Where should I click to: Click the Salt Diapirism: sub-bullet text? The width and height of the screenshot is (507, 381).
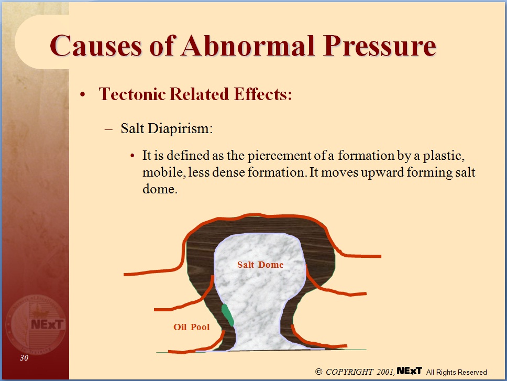click(x=167, y=129)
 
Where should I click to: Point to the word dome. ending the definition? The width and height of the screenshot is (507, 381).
click(x=158, y=189)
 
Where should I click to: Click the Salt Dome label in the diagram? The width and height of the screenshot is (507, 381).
click(x=260, y=265)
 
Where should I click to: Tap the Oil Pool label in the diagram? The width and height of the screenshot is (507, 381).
click(x=191, y=327)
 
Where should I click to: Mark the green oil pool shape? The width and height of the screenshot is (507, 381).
click(x=227, y=314)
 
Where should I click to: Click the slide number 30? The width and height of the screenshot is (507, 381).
click(x=24, y=358)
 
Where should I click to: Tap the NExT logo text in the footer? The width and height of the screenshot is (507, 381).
click(x=410, y=371)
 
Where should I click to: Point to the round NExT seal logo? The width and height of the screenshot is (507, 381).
click(x=36, y=323)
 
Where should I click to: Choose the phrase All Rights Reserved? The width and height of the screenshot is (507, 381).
click(x=456, y=372)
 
